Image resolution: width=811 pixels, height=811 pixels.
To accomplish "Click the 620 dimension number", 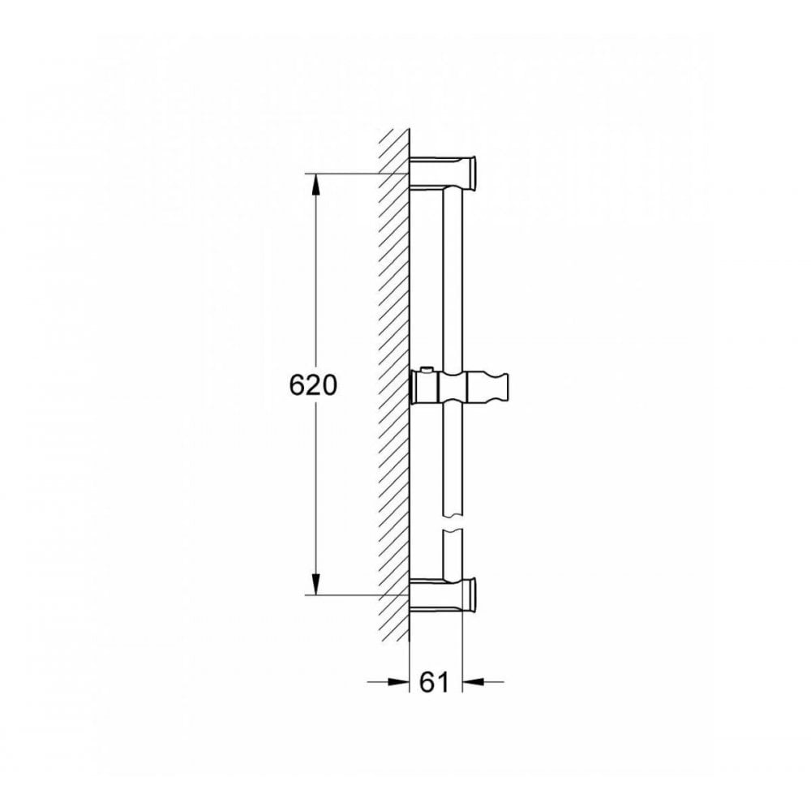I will click(313, 386).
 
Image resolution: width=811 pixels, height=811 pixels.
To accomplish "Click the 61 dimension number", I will click(435, 683).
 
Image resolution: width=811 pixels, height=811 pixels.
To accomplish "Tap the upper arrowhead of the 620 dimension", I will click(315, 185).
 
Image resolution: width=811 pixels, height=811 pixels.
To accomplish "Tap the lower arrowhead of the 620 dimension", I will click(315, 584).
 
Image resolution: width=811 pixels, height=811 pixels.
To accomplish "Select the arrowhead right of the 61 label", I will click(471, 681).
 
